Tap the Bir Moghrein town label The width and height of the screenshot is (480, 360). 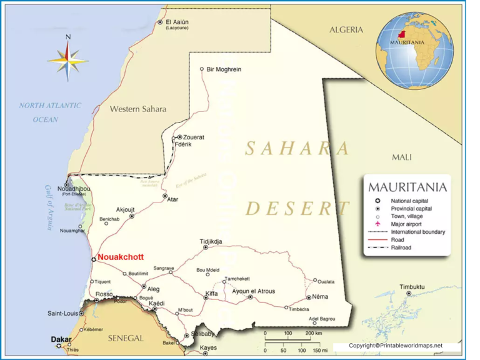tap(224, 69)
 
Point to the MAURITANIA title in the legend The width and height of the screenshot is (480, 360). tap(407, 187)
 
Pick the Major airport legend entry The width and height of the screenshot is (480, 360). tap(406, 224)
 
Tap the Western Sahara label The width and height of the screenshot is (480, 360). tap(138, 109)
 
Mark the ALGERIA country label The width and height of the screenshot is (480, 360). tap(346, 29)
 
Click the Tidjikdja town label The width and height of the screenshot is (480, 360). tap(211, 241)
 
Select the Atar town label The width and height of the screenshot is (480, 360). tap(173, 199)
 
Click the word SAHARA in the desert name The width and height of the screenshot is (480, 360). tap(297, 149)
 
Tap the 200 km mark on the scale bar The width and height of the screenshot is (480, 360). tap(313, 333)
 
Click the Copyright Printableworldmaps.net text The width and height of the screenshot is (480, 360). tap(395, 346)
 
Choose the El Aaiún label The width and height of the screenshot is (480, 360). tap(177, 22)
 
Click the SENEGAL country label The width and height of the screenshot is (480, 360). tap(126, 338)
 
